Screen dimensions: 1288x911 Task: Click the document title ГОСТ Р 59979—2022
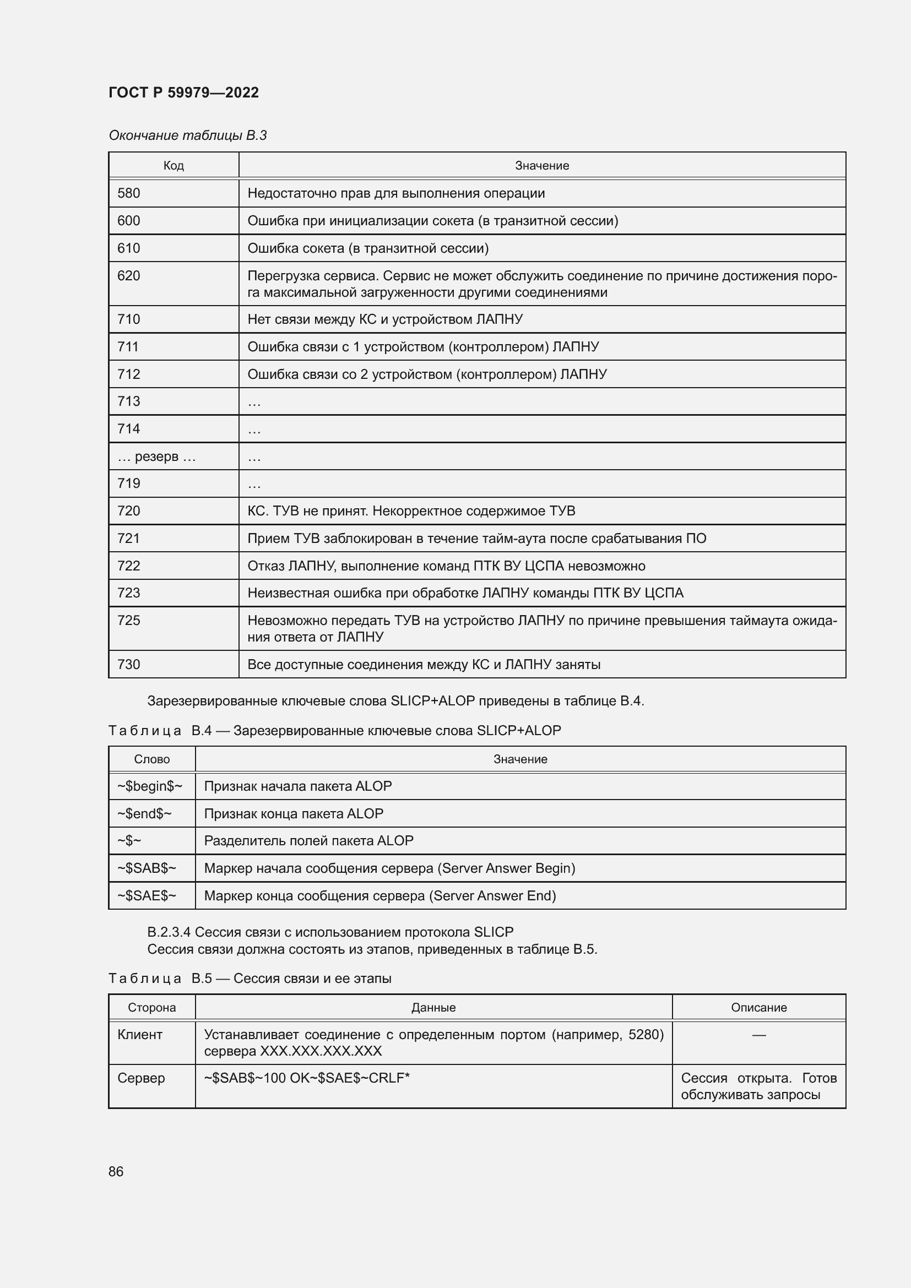[183, 93]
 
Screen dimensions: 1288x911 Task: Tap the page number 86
[116, 1171]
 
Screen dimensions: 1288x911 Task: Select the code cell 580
[129, 193]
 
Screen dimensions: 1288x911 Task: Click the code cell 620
[129, 276]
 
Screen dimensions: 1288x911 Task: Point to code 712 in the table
[129, 374]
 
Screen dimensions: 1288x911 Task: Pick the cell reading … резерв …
[156, 456]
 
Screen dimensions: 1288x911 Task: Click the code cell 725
[129, 621]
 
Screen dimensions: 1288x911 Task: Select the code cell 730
[129, 665]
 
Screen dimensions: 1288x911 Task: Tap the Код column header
[173, 166]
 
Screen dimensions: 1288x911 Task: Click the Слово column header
[151, 759]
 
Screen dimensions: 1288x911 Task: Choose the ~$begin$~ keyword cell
[150, 786]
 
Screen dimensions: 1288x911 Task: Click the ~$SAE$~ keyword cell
[147, 896]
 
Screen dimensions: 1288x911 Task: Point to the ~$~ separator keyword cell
[129, 841]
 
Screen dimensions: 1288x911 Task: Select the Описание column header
[758, 1008]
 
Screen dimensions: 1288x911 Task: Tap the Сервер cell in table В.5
[141, 1078]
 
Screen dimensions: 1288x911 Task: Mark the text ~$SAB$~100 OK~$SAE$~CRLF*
[307, 1078]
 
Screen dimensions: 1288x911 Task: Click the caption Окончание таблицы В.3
[187, 135]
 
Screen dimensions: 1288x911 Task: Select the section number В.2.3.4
[169, 932]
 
